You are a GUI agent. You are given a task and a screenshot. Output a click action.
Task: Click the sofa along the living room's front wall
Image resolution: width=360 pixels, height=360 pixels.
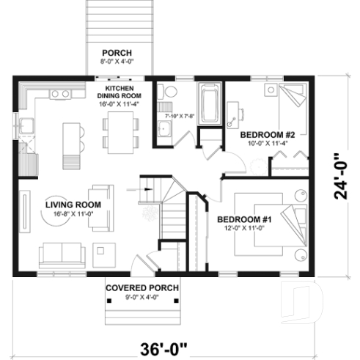pos(62,254)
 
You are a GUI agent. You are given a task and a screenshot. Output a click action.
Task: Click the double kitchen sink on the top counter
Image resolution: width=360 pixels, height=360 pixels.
pos(61,94)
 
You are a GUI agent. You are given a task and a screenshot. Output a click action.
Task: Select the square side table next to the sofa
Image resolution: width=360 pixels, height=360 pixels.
pos(101,254)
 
